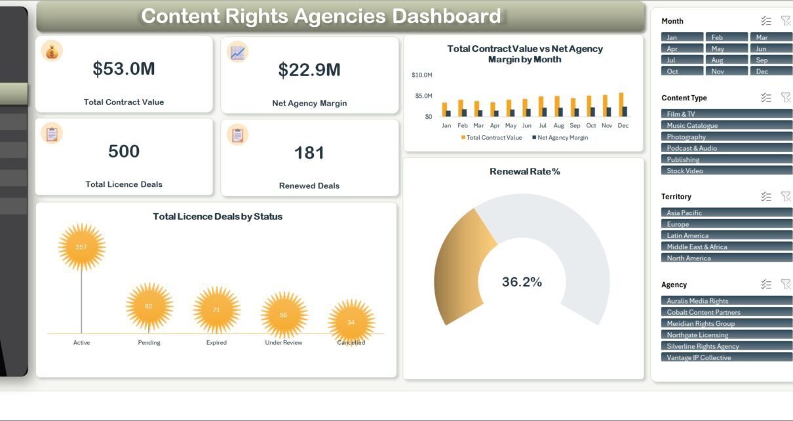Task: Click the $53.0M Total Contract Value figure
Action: pyautogui.click(x=124, y=69)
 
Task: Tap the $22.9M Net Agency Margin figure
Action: pyautogui.click(x=309, y=70)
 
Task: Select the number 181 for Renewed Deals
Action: pyautogui.click(x=309, y=153)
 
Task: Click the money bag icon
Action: pyautogui.click(x=52, y=51)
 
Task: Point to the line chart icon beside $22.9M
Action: pyautogui.click(x=237, y=52)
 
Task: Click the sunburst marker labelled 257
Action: pyautogui.click(x=82, y=247)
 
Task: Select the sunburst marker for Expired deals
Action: pyautogui.click(x=216, y=310)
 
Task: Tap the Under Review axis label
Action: pyautogui.click(x=284, y=343)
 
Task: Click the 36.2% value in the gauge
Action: pyautogui.click(x=522, y=282)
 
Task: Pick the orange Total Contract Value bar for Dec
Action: pyautogui.click(x=621, y=104)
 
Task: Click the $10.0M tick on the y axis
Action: pyautogui.click(x=421, y=75)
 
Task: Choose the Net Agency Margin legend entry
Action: pyautogui.click(x=560, y=138)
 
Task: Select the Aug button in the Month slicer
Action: pyautogui.click(x=726, y=60)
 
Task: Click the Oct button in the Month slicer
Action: pyautogui.click(x=682, y=71)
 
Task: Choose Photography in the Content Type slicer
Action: pyautogui.click(x=726, y=137)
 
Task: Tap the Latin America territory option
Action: pyautogui.click(x=726, y=235)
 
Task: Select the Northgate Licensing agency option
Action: pyautogui.click(x=726, y=335)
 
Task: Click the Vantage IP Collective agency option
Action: pyautogui.click(x=726, y=357)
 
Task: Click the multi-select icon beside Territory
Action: pyautogui.click(x=765, y=196)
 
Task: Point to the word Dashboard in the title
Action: pyautogui.click(x=446, y=16)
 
